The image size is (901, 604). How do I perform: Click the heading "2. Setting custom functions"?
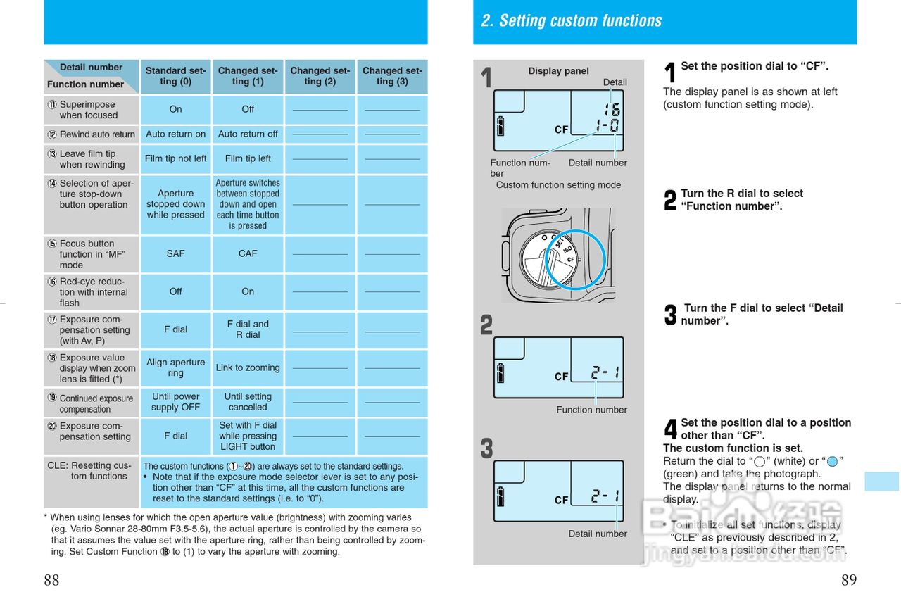pyautogui.click(x=571, y=21)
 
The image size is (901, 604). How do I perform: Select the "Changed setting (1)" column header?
pyautogui.click(x=248, y=76)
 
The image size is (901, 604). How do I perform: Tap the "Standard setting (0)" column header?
pyautogui.click(x=175, y=76)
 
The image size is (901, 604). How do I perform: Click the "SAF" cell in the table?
pyautogui.click(x=175, y=253)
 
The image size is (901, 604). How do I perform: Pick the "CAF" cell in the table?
pyautogui.click(x=248, y=253)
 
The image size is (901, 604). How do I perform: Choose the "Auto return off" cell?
pyautogui.click(x=248, y=134)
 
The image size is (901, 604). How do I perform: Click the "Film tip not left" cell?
pyautogui.click(x=175, y=158)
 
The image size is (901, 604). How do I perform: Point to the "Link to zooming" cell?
pyautogui.click(x=248, y=367)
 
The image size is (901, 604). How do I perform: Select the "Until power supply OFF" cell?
pyautogui.click(x=175, y=402)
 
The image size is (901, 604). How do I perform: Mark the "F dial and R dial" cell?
pyautogui.click(x=248, y=329)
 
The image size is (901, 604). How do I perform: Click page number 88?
pyautogui.click(x=51, y=581)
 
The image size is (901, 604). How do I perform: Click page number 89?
pyautogui.click(x=849, y=581)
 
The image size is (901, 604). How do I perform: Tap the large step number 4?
pyautogui.click(x=671, y=429)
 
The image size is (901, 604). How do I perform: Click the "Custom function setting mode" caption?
pyautogui.click(x=558, y=185)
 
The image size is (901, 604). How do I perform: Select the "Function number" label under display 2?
pyautogui.click(x=591, y=410)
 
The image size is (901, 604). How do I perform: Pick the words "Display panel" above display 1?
pyautogui.click(x=558, y=71)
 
